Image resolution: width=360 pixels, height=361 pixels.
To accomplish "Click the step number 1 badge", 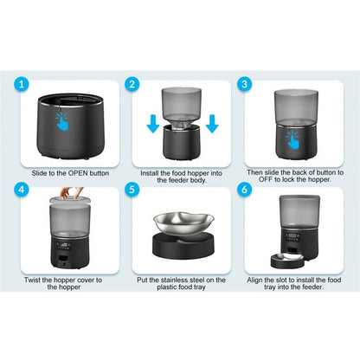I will click(23, 87).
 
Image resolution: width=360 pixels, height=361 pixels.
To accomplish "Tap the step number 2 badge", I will click(132, 87).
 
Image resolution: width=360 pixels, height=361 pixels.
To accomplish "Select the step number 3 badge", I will click(244, 87).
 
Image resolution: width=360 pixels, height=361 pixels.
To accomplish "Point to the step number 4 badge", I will click(23, 187).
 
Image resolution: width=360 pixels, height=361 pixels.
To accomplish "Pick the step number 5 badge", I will click(132, 187).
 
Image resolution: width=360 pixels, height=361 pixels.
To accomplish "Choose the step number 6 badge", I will click(244, 187).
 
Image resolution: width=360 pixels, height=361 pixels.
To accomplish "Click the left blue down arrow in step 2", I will click(152, 126).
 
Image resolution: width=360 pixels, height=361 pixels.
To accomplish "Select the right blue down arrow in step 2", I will click(212, 126).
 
